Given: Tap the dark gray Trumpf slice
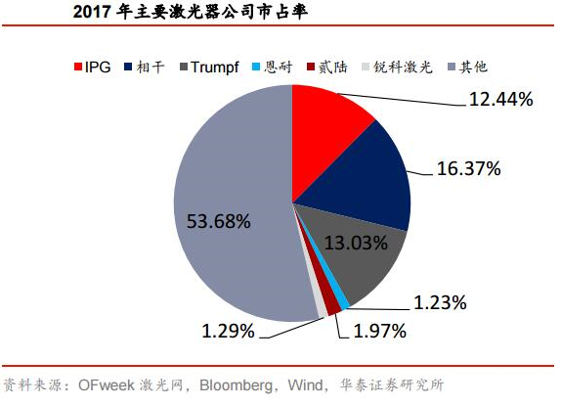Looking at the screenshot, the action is pyautogui.click(x=358, y=250).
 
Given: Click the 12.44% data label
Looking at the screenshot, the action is pyautogui.click(x=500, y=99).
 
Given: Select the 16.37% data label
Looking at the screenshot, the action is pyautogui.click(x=469, y=168).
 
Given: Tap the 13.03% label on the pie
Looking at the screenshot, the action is pyautogui.click(x=356, y=243).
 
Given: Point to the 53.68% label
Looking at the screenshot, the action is pyautogui.click(x=219, y=221).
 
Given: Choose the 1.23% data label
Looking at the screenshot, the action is pyautogui.click(x=440, y=302).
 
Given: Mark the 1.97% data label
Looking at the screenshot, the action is pyautogui.click(x=379, y=331).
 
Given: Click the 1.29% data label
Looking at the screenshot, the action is pyautogui.click(x=229, y=331).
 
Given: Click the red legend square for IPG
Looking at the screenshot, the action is pyautogui.click(x=78, y=67).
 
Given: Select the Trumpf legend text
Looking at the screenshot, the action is pyautogui.click(x=215, y=68).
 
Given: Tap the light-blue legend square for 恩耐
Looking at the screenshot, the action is pyautogui.click(x=256, y=67).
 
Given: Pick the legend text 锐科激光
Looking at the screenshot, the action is pyautogui.click(x=404, y=67).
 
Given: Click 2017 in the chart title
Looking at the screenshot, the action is pyautogui.click(x=92, y=12).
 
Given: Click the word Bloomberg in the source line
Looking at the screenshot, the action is pyautogui.click(x=236, y=385).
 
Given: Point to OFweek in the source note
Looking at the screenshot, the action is pyautogui.click(x=107, y=385).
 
